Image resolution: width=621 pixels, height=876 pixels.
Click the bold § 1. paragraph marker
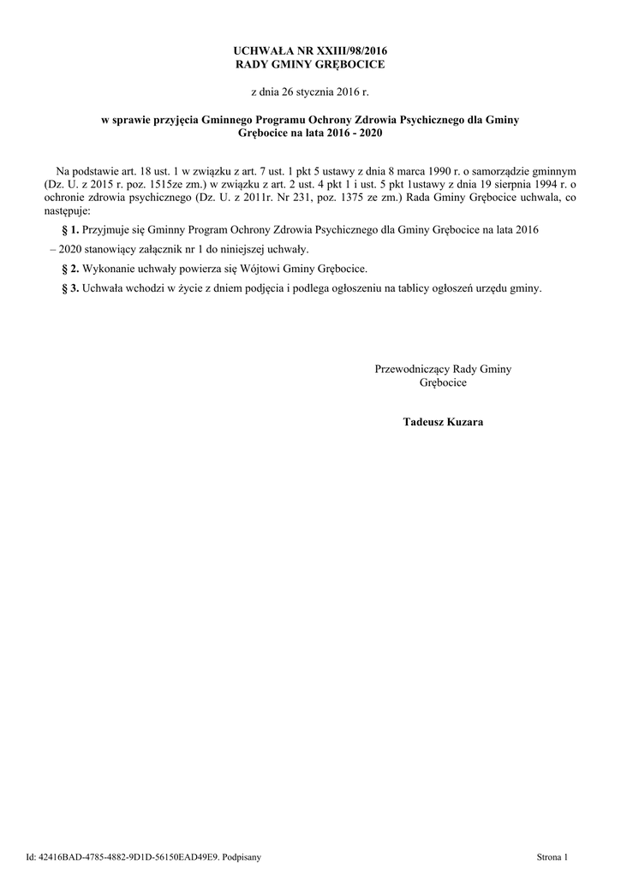pyautogui.click(x=71, y=231)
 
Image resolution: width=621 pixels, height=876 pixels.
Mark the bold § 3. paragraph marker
pyautogui.click(x=71, y=288)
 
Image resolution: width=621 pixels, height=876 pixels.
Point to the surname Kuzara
pyautogui.click(x=464, y=422)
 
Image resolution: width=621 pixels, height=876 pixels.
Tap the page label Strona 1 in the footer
pyautogui.click(x=552, y=855)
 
